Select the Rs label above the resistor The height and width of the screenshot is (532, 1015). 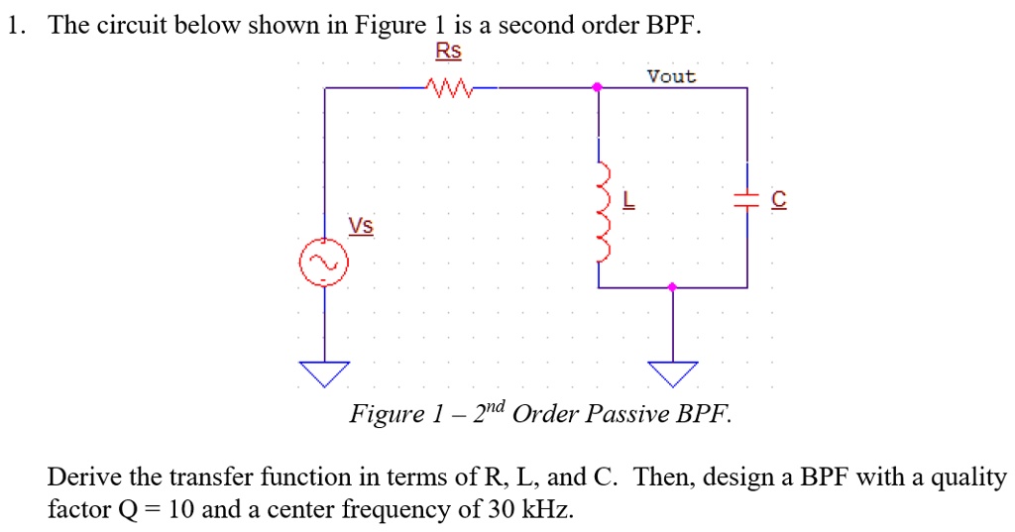point(448,51)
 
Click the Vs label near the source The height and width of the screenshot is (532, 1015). point(361,226)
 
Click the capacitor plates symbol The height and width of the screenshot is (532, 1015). point(746,199)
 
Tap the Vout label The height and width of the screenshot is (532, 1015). point(671,76)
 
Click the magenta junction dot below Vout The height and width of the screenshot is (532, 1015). point(597,88)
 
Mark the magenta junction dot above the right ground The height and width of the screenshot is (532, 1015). point(672,287)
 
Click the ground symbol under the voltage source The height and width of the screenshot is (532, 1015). point(324,372)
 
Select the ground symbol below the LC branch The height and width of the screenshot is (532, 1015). point(672,372)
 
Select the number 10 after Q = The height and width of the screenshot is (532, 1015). point(180,510)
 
